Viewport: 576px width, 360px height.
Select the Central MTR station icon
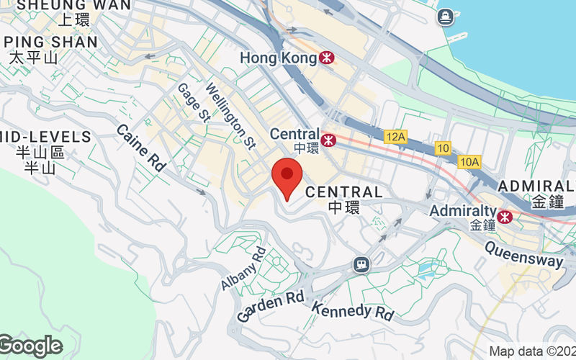pyautogui.click(x=329, y=138)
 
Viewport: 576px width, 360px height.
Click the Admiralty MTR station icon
pyautogui.click(x=505, y=215)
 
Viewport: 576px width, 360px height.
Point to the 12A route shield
pyautogui.click(x=395, y=135)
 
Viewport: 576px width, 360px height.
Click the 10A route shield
pyautogui.click(x=468, y=162)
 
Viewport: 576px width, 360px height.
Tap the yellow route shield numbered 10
pyautogui.click(x=443, y=148)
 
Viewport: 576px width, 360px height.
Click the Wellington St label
pyautogui.click(x=230, y=114)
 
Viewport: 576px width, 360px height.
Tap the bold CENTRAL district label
pyautogui.click(x=344, y=192)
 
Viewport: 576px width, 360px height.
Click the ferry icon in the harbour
pyautogui.click(x=445, y=15)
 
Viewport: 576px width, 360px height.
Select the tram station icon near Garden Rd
pyautogui.click(x=361, y=265)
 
